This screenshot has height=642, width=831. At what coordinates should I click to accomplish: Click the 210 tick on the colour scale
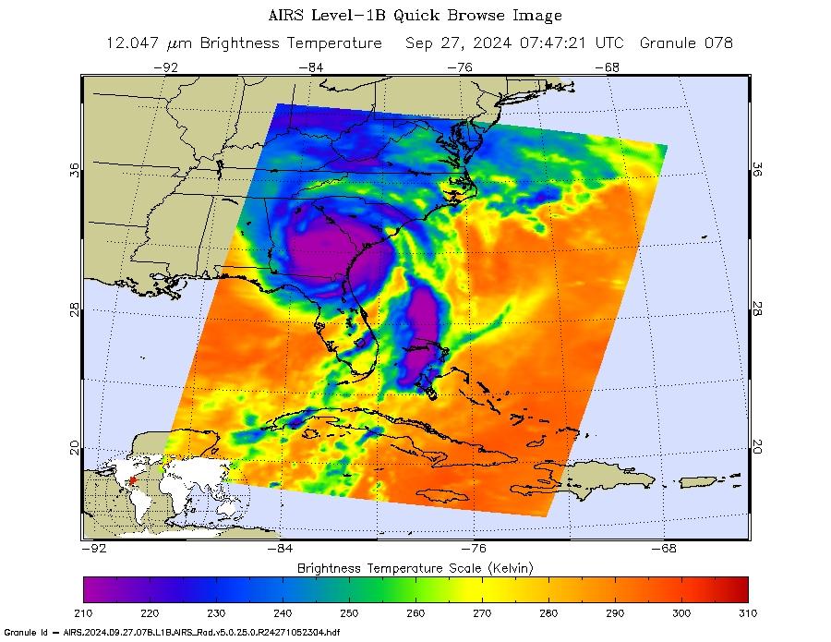[x=84, y=612]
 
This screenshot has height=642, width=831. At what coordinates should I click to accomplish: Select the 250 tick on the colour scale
[x=349, y=612]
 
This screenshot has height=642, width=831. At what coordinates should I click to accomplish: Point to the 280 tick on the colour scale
[x=548, y=612]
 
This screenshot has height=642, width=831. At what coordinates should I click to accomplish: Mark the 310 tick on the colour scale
[x=747, y=612]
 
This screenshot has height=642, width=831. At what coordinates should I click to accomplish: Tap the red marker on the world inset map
[x=132, y=480]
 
